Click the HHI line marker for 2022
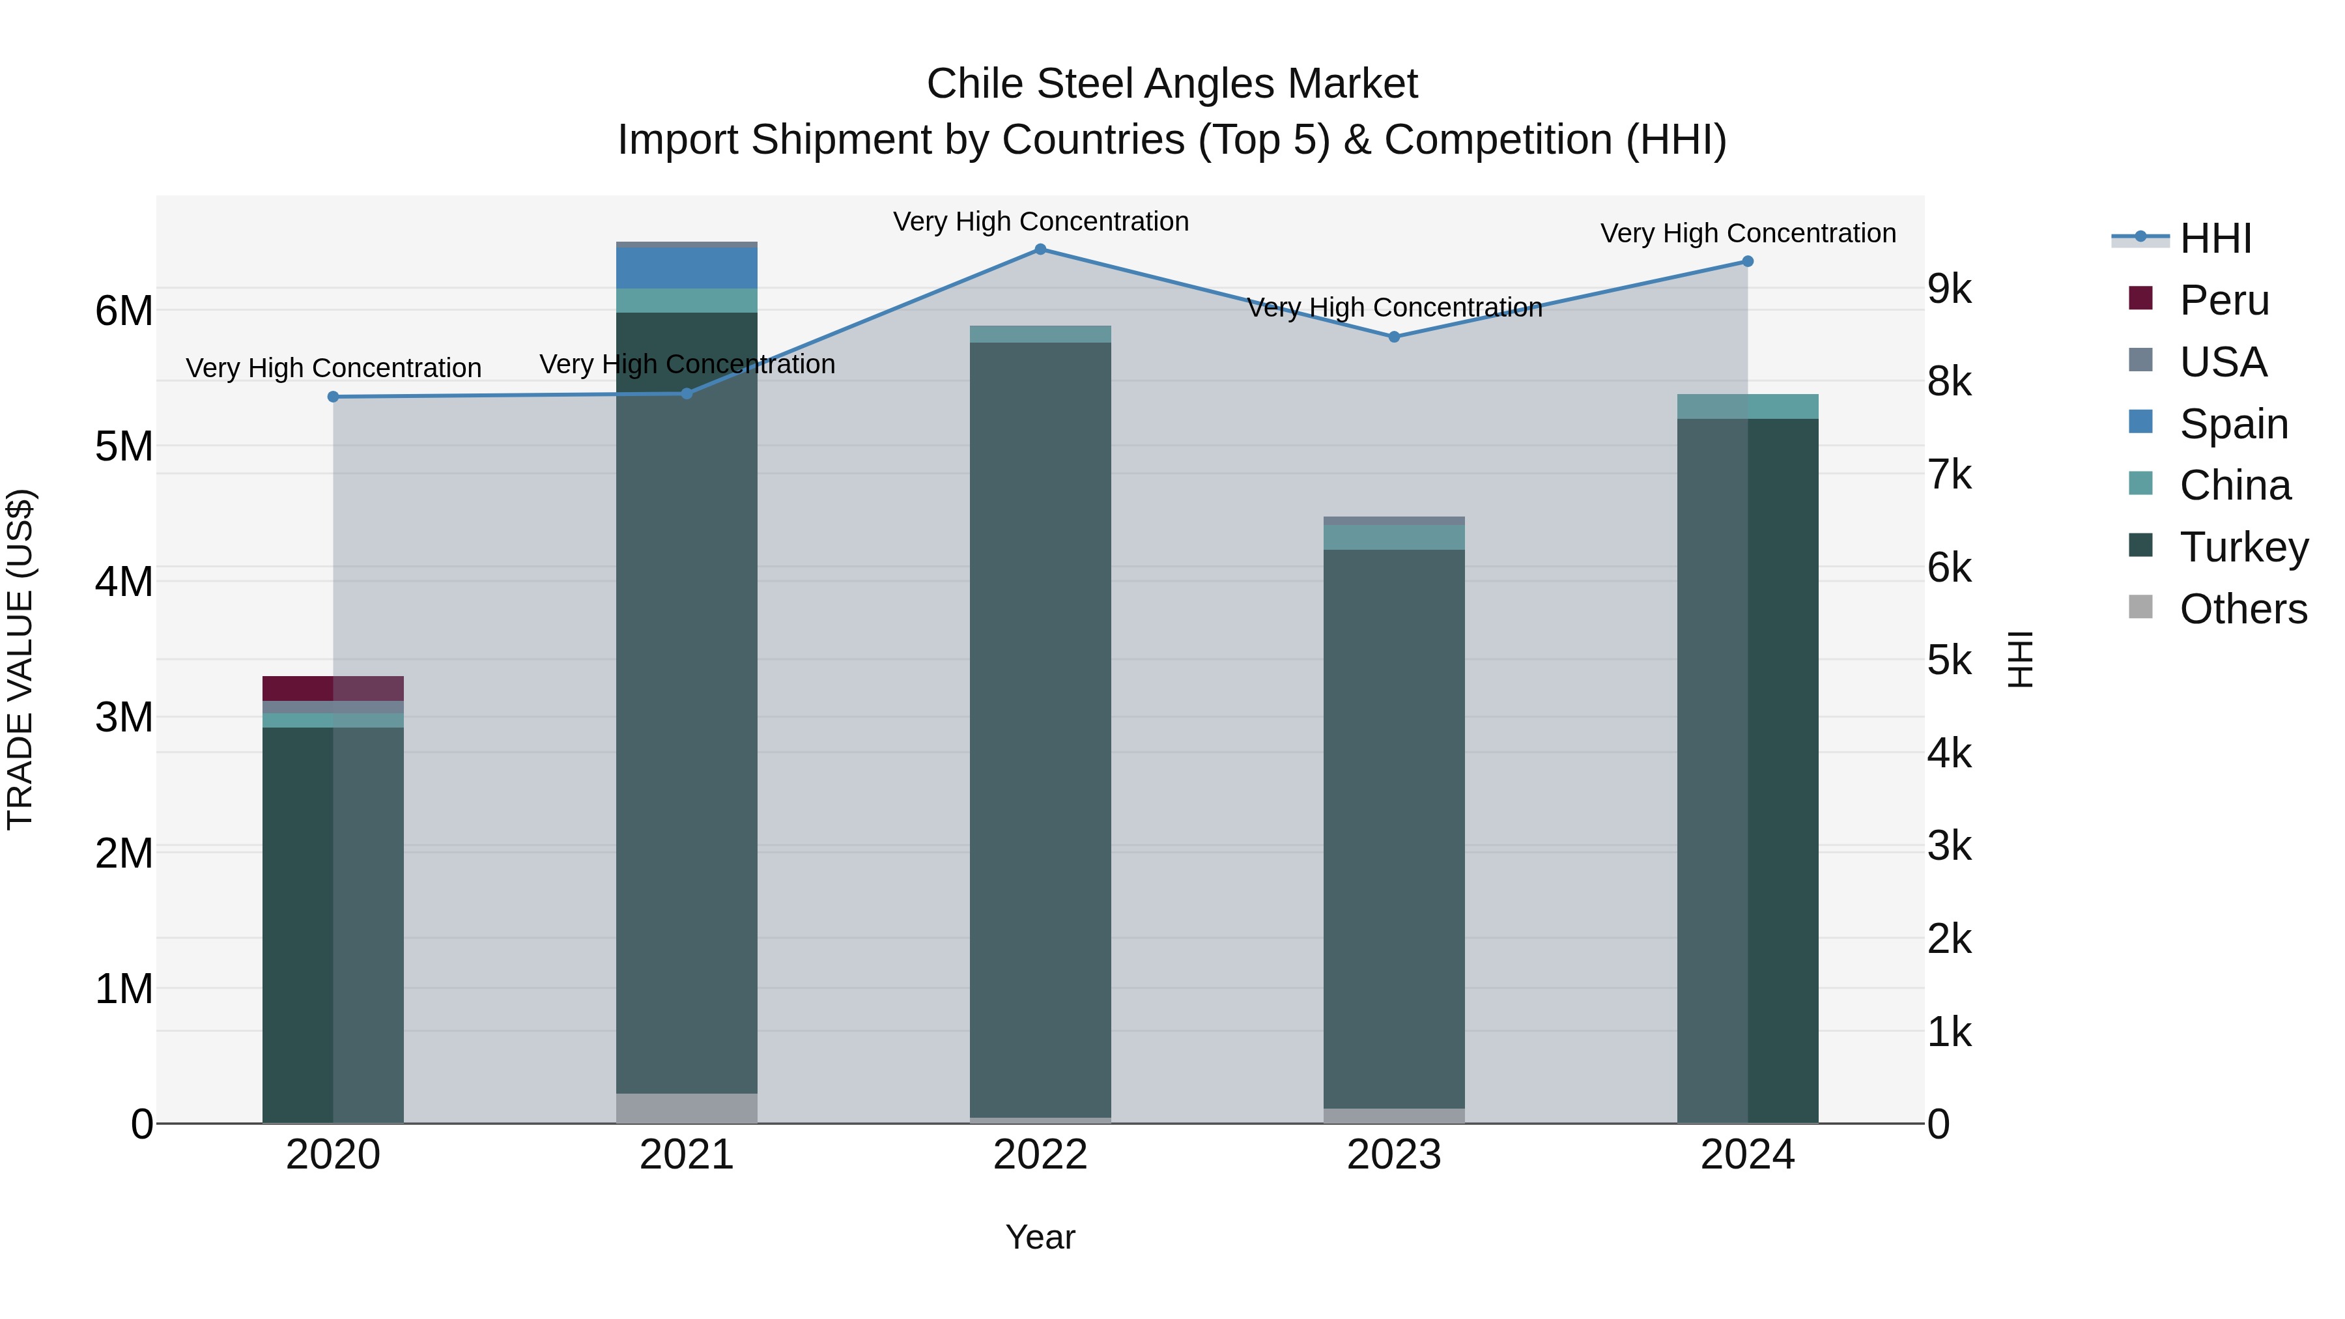[1040, 249]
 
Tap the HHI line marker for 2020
[333, 397]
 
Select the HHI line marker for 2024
[1748, 261]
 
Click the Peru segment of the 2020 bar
[333, 688]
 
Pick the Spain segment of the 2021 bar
[687, 268]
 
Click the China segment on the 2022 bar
[1040, 334]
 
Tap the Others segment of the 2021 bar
[687, 1108]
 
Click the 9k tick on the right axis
[1949, 289]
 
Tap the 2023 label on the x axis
[1394, 1155]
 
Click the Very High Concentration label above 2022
[1040, 221]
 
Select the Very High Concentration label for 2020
[333, 368]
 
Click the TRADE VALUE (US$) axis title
[20, 659]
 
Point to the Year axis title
[1040, 1237]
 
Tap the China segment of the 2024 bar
[1748, 406]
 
